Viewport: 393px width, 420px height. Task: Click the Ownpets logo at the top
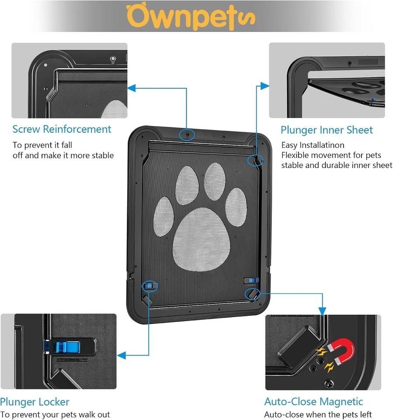(x=190, y=16)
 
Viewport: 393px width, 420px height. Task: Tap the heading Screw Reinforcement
(x=62, y=129)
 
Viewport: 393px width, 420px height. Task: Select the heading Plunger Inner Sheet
(x=327, y=130)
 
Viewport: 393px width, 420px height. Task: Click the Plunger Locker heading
(x=35, y=402)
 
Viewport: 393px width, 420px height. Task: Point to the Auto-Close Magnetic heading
(x=313, y=402)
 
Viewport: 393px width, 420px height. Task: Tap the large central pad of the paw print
(x=202, y=239)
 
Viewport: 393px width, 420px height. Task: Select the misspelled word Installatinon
(x=322, y=145)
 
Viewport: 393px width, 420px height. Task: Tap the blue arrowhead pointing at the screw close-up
(x=131, y=88)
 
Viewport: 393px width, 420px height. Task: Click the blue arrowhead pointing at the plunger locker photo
(x=121, y=355)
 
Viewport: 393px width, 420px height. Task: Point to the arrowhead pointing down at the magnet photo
(x=322, y=311)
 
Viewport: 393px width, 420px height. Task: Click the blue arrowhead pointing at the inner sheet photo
(x=265, y=86)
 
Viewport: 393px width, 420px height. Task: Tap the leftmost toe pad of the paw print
(x=163, y=217)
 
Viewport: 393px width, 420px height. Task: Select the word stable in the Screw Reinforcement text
(x=103, y=156)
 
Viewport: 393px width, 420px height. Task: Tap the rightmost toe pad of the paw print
(x=236, y=207)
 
